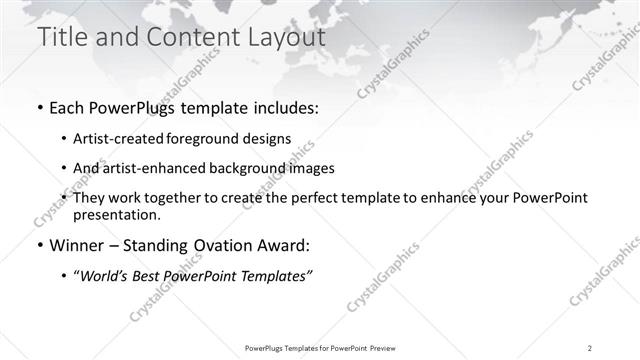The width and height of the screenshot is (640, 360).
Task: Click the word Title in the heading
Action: tap(61, 38)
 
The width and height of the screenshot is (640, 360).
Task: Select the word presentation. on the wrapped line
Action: tap(116, 214)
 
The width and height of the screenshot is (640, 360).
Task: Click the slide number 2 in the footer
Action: tap(589, 348)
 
